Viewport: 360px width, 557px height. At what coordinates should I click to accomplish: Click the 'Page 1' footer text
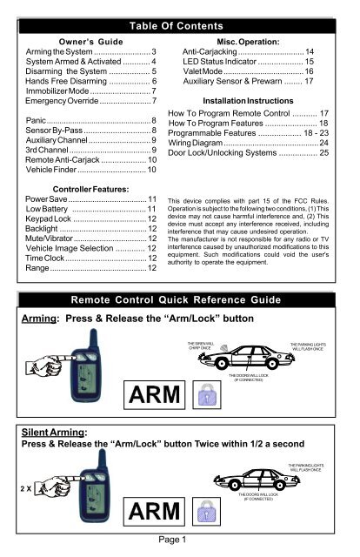180,547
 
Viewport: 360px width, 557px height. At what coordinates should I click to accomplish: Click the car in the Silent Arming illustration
259,484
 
